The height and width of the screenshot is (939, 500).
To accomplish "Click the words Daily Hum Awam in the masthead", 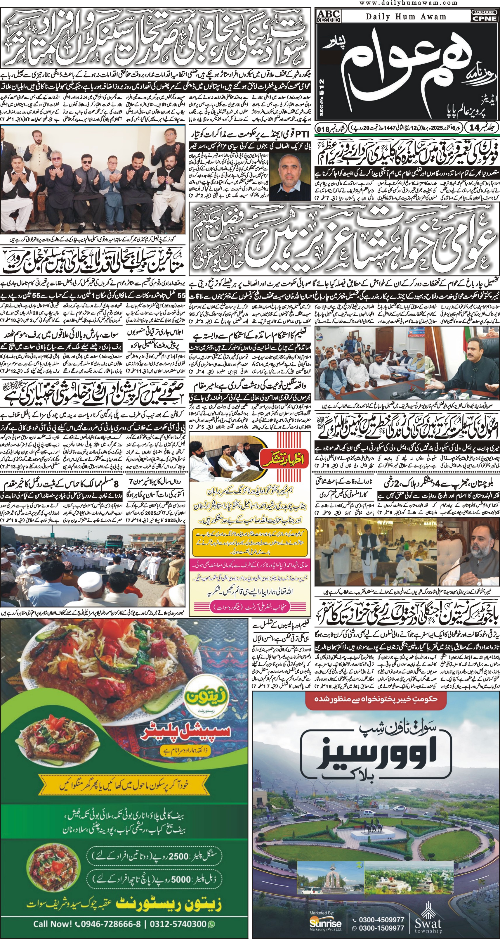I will (406, 16).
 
